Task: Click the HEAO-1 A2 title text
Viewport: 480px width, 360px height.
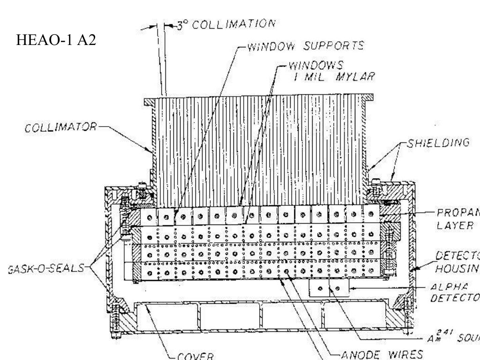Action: tap(56, 41)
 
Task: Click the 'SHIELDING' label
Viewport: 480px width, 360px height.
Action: tap(437, 143)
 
